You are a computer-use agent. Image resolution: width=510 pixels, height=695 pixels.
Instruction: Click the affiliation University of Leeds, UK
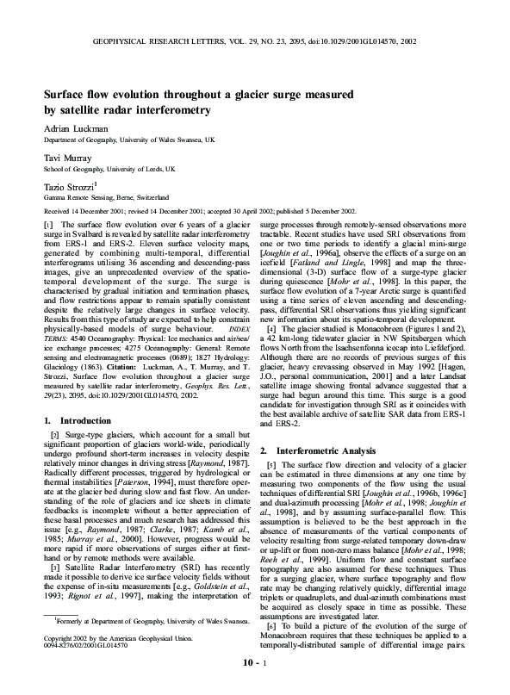(x=141, y=169)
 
